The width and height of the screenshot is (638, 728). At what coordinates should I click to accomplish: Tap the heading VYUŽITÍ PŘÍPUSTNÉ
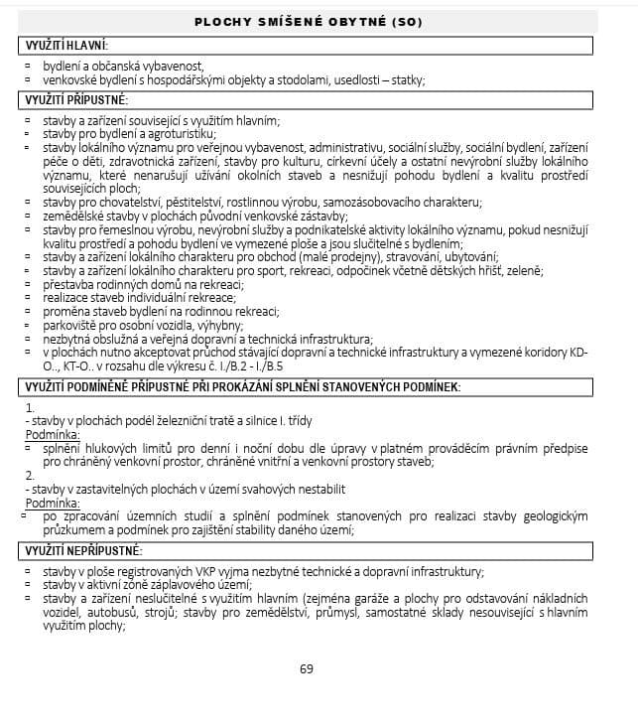point(75,100)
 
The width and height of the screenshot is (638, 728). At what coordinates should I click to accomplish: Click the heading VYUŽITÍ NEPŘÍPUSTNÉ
point(83,551)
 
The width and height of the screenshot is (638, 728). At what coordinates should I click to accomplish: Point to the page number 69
point(306,668)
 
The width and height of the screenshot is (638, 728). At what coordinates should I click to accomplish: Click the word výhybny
point(219,325)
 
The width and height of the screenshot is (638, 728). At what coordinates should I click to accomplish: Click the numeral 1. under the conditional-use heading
point(31,408)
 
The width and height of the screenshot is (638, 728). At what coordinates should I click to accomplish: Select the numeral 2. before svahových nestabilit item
point(31,476)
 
